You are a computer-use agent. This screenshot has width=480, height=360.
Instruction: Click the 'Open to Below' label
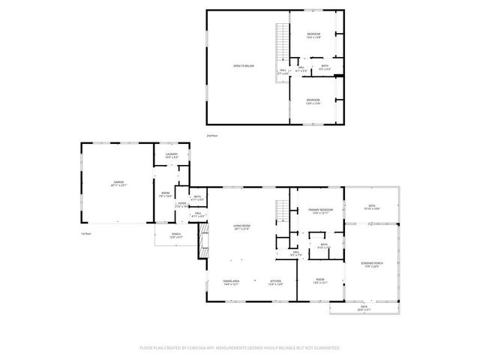(x=244, y=66)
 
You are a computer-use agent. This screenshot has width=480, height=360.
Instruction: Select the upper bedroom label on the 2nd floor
(x=313, y=36)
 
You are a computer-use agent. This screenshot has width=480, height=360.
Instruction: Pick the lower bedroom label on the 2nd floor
(x=313, y=101)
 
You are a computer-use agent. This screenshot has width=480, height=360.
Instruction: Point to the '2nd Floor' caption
(x=212, y=135)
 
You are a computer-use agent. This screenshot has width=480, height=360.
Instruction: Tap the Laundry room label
(x=171, y=155)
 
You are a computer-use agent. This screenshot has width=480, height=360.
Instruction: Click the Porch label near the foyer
(x=175, y=235)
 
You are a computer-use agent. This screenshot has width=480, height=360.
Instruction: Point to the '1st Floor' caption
(x=86, y=233)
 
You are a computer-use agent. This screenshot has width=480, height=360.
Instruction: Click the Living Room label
(x=241, y=227)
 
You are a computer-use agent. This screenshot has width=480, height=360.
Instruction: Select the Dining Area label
(x=231, y=283)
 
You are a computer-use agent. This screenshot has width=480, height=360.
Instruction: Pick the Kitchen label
(x=275, y=283)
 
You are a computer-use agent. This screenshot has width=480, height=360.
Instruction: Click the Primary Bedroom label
(x=320, y=211)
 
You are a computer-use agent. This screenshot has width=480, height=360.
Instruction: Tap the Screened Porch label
(x=371, y=265)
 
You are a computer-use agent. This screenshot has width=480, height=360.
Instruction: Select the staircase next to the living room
(x=283, y=212)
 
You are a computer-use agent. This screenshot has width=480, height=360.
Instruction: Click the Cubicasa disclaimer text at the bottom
(x=240, y=347)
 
